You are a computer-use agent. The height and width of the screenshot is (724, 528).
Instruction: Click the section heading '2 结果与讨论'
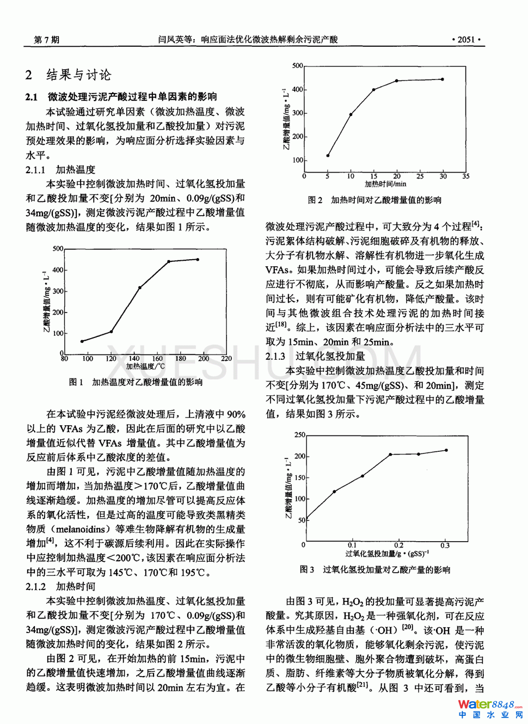(69, 75)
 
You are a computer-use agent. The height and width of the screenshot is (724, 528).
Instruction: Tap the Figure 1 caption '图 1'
(76, 382)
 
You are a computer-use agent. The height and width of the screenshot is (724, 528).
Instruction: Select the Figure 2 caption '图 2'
(315, 200)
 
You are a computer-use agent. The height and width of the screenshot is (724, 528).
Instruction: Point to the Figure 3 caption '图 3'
(306, 569)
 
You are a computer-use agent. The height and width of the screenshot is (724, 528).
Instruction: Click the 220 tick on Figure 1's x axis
(226, 358)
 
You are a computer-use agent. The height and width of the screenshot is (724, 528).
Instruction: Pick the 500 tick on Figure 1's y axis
(58, 249)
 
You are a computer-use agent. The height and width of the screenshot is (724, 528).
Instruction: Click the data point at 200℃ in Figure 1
(198, 260)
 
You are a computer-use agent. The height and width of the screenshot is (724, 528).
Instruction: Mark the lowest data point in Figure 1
(82, 341)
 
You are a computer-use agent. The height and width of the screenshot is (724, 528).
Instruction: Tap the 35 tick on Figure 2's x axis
(465, 176)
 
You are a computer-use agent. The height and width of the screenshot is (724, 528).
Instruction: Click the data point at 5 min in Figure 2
(328, 156)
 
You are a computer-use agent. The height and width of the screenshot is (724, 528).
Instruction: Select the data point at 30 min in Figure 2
(443, 79)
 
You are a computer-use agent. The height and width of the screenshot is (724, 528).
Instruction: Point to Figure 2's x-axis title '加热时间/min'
(385, 184)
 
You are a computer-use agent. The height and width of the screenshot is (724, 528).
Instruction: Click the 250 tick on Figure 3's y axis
(299, 435)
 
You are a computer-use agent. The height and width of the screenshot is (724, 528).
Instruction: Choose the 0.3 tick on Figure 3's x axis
(445, 545)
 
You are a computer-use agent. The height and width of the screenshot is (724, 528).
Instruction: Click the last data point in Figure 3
(446, 450)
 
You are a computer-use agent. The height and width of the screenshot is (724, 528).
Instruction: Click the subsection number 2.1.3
(275, 356)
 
